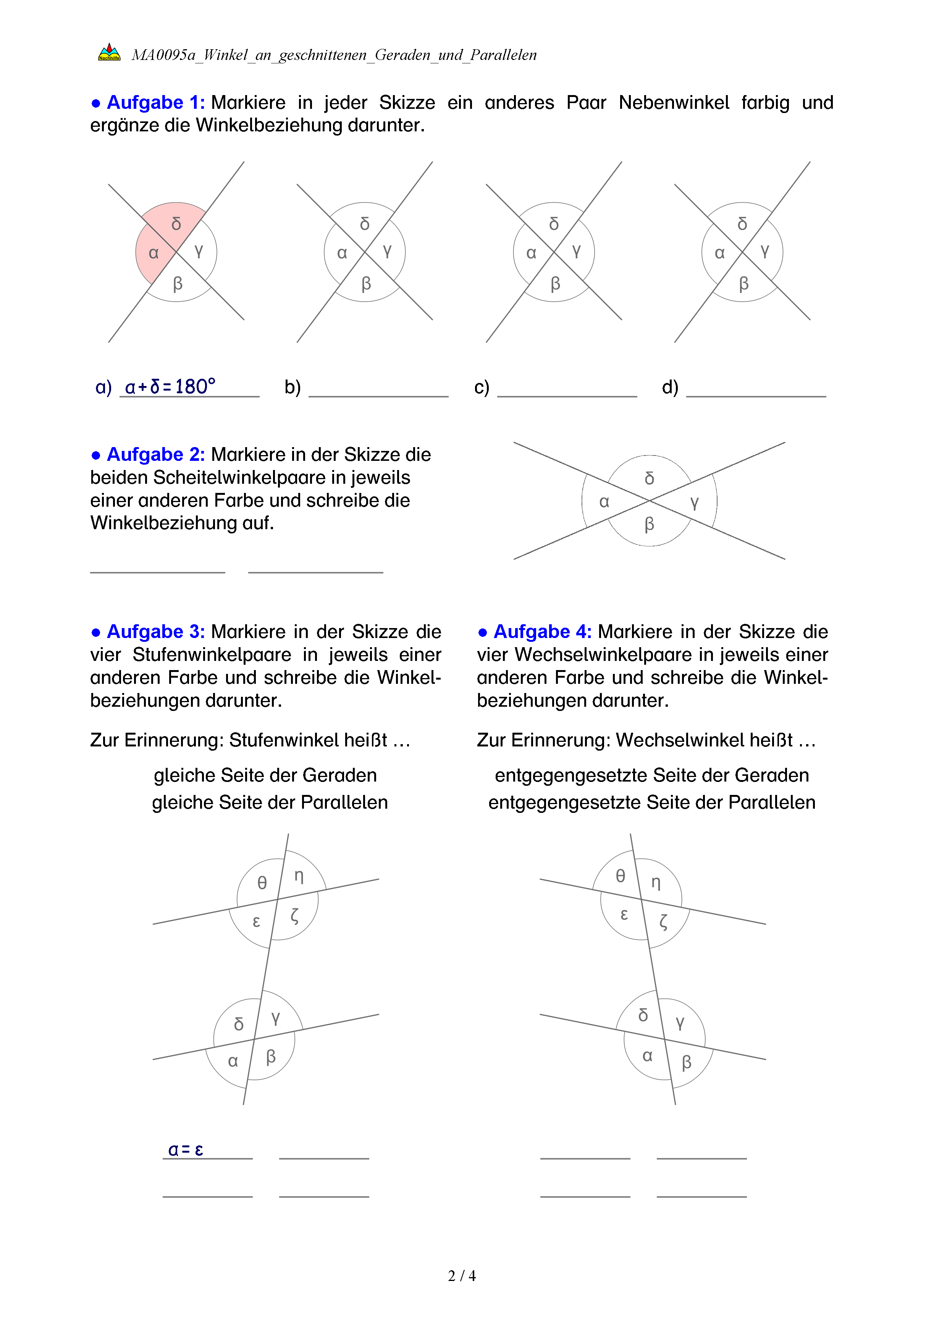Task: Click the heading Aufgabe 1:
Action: click(155, 103)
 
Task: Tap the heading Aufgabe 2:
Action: click(155, 454)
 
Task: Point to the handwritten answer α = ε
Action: click(186, 1150)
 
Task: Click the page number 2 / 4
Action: click(461, 1276)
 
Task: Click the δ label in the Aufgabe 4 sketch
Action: click(643, 1015)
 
